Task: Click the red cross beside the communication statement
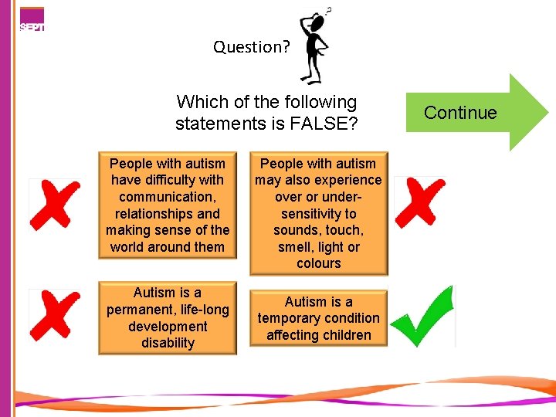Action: tap(55, 204)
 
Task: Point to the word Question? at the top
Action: tap(252, 47)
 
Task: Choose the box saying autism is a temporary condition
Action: tap(318, 318)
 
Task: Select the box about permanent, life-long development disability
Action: tap(168, 318)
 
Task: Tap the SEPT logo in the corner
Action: tap(32, 20)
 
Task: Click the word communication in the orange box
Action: tap(168, 197)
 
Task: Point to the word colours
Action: tap(318, 263)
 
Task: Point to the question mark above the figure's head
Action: tap(329, 10)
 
